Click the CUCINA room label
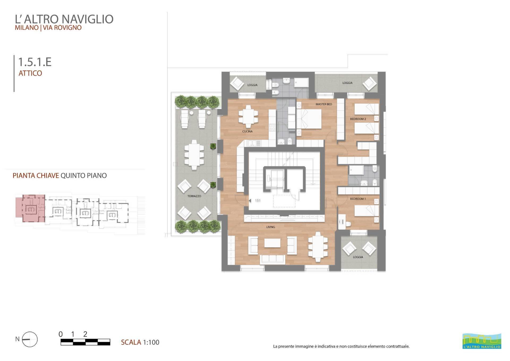(247, 131)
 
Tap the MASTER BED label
(324, 104)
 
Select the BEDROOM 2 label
(358, 119)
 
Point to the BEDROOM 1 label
(358, 199)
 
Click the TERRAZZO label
(194, 196)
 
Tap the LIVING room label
(270, 227)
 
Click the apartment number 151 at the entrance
(258, 201)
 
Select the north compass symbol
(29, 339)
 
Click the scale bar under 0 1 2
(85, 342)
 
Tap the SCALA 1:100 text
(140, 342)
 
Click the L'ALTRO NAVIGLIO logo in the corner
(482, 341)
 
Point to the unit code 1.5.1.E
(35, 62)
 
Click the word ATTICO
(30, 73)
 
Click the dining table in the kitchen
(248, 117)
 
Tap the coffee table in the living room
(272, 243)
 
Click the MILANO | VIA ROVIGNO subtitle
(48, 28)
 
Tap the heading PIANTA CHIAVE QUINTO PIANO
(60, 176)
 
